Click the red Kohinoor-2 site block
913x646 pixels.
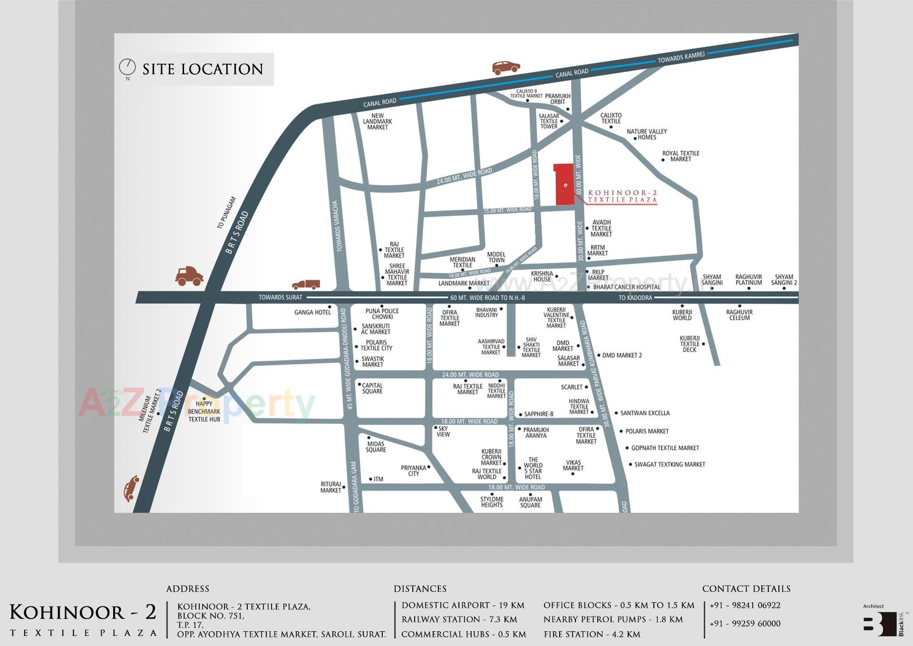(x=564, y=186)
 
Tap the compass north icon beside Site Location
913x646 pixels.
(x=127, y=67)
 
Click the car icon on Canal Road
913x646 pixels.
(x=505, y=67)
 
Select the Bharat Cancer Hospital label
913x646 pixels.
(x=626, y=287)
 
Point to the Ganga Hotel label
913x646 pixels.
(x=312, y=312)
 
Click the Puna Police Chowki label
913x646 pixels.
(x=382, y=313)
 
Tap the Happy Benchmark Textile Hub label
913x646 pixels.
(x=204, y=411)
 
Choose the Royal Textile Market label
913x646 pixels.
(x=680, y=156)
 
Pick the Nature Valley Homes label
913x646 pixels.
(x=647, y=134)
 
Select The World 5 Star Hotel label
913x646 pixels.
(x=533, y=468)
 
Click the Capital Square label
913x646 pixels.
(x=372, y=388)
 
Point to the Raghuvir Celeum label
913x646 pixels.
(x=739, y=315)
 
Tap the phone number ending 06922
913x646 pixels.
(x=745, y=605)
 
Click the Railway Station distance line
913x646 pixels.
(x=459, y=619)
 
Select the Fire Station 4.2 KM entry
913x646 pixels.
(x=592, y=634)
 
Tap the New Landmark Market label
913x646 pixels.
(x=378, y=121)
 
